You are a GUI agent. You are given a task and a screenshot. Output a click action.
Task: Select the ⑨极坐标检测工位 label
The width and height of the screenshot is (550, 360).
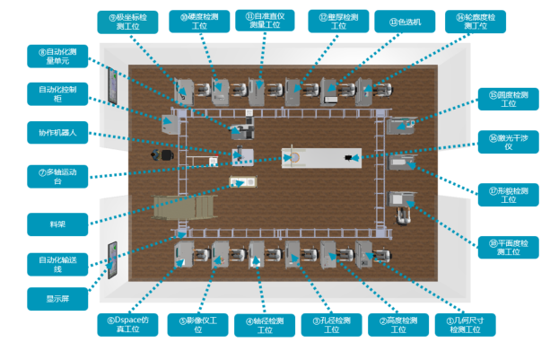tap(128, 22)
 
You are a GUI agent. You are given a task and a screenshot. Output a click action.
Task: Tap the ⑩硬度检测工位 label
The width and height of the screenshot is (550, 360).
tap(197, 22)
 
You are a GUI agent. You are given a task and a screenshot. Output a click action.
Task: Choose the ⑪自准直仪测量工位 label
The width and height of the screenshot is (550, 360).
tap(266, 22)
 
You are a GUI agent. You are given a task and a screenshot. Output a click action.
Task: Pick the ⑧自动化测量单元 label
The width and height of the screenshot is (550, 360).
tap(59, 58)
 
